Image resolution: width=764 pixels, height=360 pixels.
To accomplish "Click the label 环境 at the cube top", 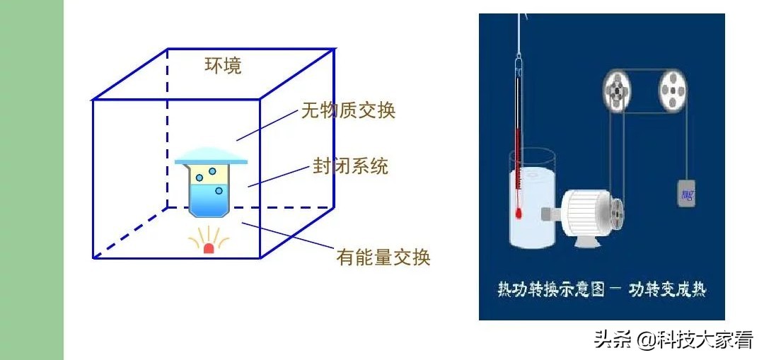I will point(223,66).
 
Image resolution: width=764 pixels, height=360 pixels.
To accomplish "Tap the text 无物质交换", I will point(348,110).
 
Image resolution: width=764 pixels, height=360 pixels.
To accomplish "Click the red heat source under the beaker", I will point(209,248).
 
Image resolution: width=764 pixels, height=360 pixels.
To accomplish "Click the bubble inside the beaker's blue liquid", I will point(219,191).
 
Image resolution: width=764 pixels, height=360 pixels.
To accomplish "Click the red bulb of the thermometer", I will point(519,212).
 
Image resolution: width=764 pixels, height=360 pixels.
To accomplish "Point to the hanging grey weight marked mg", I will point(686,192).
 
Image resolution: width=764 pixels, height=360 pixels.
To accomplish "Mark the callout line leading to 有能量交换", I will point(286,236).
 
